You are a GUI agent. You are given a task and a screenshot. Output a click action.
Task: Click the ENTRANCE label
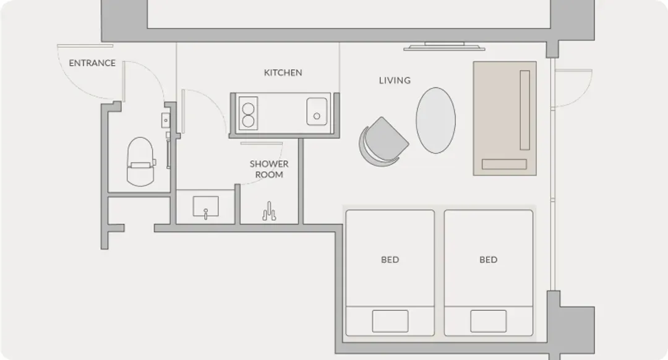pos(92,63)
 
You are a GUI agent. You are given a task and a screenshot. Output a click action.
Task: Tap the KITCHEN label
pos(283,73)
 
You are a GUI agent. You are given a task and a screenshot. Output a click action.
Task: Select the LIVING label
pos(395,80)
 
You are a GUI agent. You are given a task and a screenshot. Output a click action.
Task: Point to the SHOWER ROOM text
pos(269,169)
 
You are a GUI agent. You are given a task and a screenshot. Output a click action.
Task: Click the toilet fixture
pos(140,162)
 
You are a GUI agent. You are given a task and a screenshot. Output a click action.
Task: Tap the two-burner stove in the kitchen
pos(248,113)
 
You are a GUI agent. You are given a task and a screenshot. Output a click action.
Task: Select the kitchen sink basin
pos(317,111)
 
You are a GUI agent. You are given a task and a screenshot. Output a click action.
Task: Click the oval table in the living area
pos(435,120)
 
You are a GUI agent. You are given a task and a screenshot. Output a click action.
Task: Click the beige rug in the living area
pos(505,118)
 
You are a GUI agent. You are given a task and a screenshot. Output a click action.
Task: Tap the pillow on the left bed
pos(390,321)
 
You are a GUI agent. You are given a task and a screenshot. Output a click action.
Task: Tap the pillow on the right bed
pos(488,321)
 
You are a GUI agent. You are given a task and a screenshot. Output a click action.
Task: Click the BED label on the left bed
pos(390,260)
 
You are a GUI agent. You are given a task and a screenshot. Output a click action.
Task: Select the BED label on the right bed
pos(488,260)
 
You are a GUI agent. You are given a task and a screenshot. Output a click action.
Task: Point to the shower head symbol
pos(269,212)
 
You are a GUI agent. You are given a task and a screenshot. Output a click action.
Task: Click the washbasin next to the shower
pos(206,207)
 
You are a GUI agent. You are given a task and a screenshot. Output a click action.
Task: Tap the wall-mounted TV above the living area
pos(444,46)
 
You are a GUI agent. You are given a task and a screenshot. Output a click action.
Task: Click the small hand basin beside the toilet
pos(165,121)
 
